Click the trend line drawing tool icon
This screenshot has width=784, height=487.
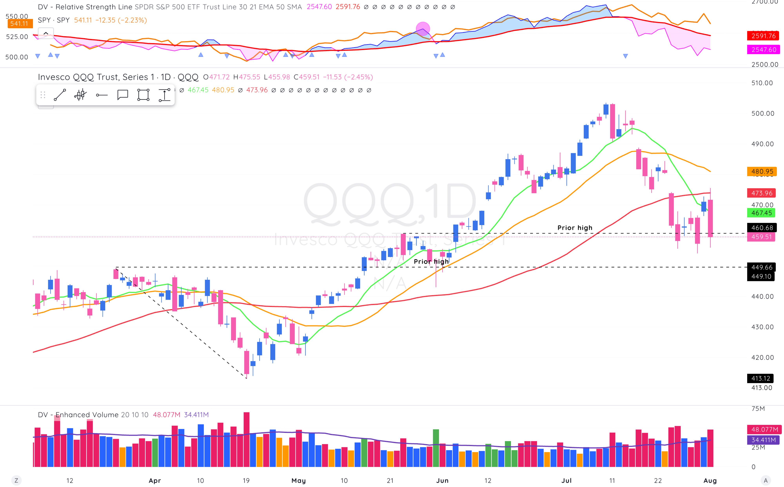coord(60,95)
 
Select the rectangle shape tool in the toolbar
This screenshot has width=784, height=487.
coord(143,95)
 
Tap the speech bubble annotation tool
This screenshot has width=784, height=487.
coord(123,95)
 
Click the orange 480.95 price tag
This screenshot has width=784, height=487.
coord(761,171)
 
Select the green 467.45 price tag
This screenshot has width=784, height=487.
coord(761,213)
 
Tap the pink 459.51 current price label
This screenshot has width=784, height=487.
coord(761,237)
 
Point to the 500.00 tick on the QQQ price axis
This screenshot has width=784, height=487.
coord(762,113)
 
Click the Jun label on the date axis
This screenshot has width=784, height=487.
coord(442,481)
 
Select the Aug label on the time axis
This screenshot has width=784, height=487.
coord(710,481)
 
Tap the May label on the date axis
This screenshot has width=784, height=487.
coord(299,481)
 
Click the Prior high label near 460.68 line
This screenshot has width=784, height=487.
coord(575,228)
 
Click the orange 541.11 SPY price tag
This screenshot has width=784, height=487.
coord(19,24)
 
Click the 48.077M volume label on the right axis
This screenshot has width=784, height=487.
coord(764,429)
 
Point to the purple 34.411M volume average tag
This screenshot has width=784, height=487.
coord(763,440)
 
